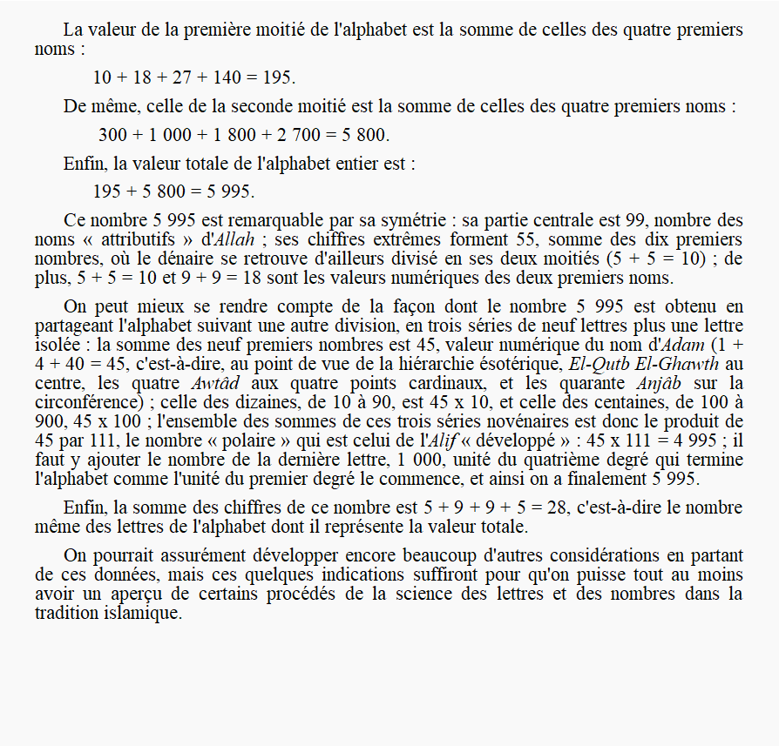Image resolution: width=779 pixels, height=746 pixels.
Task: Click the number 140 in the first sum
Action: pos(225,77)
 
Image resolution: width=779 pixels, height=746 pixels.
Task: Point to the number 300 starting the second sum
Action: pos(112,135)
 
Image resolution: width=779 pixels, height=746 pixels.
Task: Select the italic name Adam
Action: pos(685,344)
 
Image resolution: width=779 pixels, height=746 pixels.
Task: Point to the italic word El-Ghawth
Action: pos(677,363)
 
